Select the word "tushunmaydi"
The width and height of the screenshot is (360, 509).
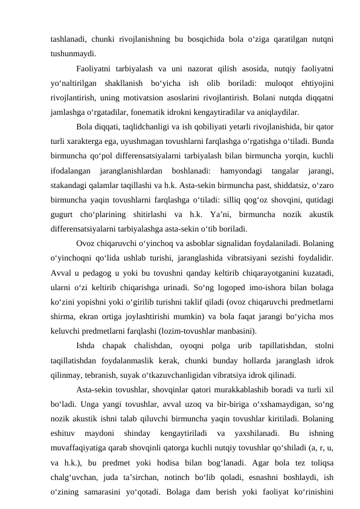73,53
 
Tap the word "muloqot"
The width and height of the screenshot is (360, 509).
263,82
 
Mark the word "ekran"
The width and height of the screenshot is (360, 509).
88,316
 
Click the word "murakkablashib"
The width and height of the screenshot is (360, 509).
233,389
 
